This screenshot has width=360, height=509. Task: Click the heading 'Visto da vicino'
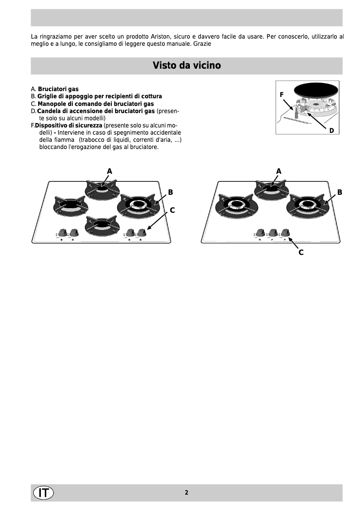[186, 66]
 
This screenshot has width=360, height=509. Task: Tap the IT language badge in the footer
[43, 492]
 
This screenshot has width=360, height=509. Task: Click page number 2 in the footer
[186, 492]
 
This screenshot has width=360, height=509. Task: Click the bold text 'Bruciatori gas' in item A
[58, 89]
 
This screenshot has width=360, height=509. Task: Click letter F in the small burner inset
[282, 95]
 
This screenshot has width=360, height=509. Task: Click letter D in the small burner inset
[331, 130]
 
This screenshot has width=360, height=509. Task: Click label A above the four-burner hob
[110, 171]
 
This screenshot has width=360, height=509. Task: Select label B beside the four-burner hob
[171, 192]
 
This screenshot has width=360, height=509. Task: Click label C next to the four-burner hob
[172, 210]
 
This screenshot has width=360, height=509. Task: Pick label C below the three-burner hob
[301, 253]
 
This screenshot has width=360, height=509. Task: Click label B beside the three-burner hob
[340, 192]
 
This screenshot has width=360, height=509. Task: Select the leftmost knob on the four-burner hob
[62, 232]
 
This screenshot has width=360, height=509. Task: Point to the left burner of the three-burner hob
[234, 205]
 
